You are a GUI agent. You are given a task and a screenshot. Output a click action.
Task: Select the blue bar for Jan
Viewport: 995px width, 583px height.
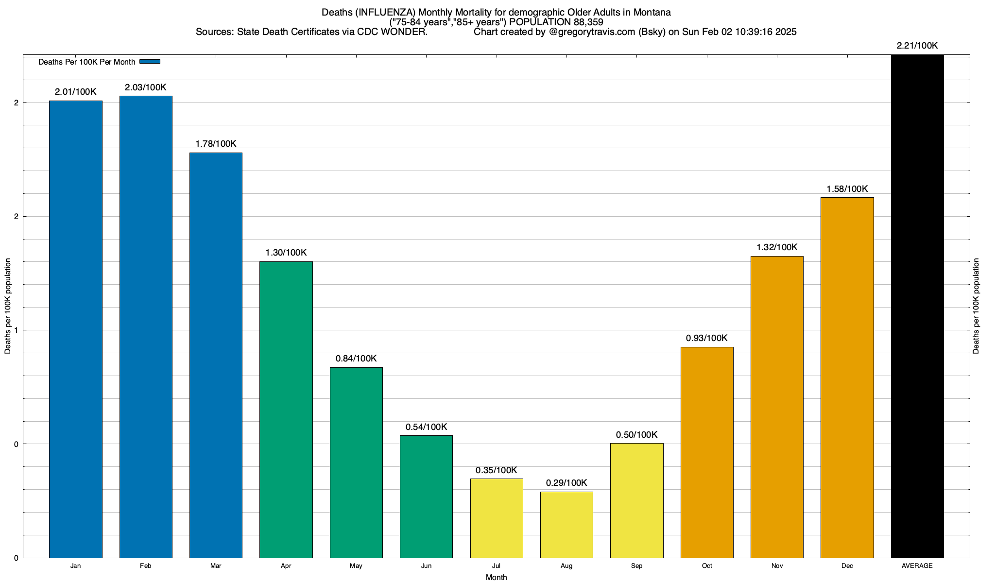click(x=76, y=329)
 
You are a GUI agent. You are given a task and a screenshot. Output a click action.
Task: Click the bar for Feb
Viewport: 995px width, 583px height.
click(x=146, y=326)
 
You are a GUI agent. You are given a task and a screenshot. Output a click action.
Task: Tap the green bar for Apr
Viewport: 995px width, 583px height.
click(x=286, y=410)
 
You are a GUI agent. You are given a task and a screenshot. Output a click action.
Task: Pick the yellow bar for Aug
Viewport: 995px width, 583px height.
click(x=566, y=525)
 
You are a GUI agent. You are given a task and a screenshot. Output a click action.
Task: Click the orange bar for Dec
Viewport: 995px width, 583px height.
click(x=847, y=377)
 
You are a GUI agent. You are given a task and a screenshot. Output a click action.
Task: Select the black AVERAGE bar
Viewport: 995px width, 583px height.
click(x=917, y=306)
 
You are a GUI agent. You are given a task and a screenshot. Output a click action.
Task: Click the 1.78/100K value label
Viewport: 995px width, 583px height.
click(x=216, y=144)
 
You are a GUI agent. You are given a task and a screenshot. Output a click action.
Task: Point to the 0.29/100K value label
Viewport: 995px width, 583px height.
click(x=566, y=483)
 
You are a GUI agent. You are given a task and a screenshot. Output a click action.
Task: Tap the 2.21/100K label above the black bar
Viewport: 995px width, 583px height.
click(x=917, y=46)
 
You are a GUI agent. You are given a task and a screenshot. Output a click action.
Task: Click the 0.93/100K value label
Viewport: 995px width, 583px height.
click(x=707, y=338)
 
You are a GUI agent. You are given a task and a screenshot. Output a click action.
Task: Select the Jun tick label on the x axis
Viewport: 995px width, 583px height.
click(x=426, y=566)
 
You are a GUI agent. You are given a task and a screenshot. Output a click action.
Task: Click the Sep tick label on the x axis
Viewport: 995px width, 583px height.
click(x=636, y=566)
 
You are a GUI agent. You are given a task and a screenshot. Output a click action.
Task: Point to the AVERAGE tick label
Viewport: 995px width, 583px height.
click(x=917, y=566)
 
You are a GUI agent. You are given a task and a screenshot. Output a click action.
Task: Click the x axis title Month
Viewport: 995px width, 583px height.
click(x=496, y=578)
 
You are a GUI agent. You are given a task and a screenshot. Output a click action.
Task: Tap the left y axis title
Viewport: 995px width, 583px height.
click(x=8, y=306)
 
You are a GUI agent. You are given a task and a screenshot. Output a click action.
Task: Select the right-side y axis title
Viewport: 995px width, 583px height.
click(x=976, y=306)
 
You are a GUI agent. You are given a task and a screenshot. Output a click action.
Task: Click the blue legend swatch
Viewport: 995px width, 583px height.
click(x=150, y=62)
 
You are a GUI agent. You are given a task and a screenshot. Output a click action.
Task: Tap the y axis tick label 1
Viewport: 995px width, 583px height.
click(x=16, y=330)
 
